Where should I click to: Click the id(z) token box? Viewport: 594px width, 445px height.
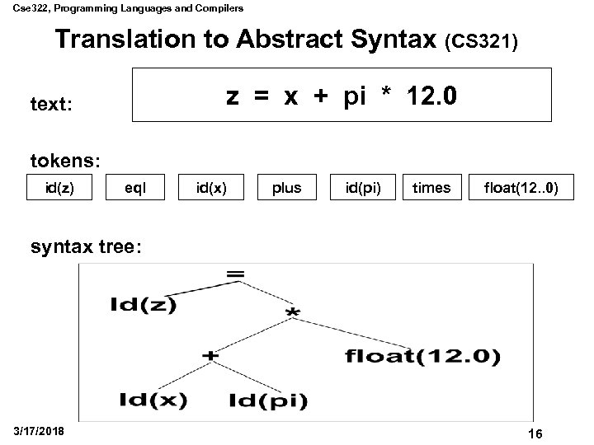click(59, 188)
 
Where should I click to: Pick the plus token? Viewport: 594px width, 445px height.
click(286, 188)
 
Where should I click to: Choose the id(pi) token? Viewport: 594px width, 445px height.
click(362, 188)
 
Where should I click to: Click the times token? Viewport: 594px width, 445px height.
click(431, 188)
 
